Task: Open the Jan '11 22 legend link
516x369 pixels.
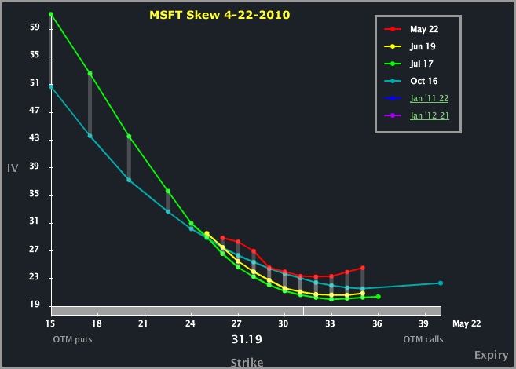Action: coord(429,98)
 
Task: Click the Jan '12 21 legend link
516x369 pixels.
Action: coord(429,115)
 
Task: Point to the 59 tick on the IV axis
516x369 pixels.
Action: coord(35,27)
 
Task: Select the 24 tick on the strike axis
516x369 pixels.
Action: coord(191,322)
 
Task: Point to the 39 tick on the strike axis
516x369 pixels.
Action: coord(424,322)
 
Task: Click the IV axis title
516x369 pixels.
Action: coord(13,168)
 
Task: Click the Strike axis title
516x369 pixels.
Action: coord(247,362)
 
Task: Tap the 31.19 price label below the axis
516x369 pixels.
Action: coord(247,339)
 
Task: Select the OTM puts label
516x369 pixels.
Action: coord(68,339)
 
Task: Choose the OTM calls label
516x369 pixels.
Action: coord(423,339)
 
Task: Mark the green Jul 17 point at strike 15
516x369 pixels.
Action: coord(51,14)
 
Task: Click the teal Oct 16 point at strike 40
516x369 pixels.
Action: coord(440,283)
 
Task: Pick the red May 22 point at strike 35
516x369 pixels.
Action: coord(362,268)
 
